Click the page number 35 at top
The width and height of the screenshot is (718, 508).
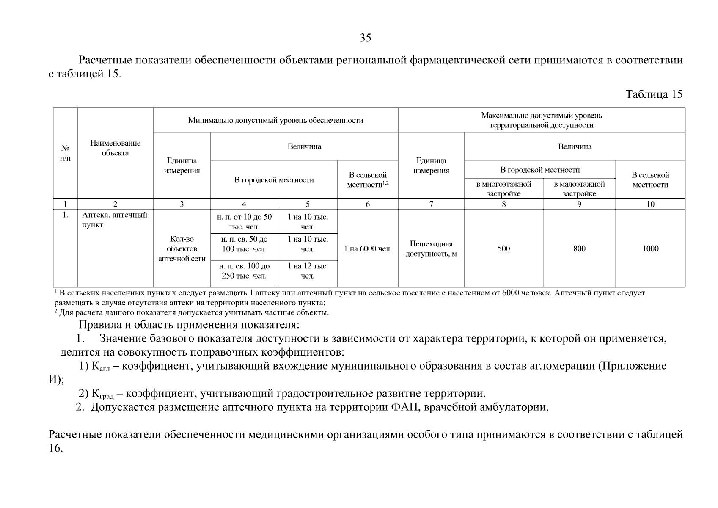point(366,38)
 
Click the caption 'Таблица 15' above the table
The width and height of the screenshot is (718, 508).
point(654,94)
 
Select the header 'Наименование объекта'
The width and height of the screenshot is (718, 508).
point(115,148)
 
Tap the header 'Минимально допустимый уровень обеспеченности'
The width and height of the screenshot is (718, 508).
point(275,120)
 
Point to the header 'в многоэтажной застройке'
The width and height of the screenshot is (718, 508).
point(503,189)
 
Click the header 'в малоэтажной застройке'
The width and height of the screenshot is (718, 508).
point(579,189)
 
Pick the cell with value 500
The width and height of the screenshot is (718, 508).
point(503,248)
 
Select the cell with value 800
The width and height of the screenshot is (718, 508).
point(579,248)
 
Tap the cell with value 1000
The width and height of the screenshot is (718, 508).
point(650,248)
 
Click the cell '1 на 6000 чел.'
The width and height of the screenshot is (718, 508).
point(368,249)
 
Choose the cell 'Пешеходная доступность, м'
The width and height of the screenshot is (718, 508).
point(431,249)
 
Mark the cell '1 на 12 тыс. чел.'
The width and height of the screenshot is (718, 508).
point(308,271)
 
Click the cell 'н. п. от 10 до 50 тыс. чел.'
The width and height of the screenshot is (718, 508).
point(244,222)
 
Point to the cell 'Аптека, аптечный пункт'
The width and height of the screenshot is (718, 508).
point(115,220)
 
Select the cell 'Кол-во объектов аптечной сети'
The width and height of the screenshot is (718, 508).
point(182,249)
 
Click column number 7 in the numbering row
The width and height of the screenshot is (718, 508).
point(431,204)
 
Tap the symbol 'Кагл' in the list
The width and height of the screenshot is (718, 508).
point(100,367)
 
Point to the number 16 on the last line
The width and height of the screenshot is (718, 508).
point(56,448)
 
